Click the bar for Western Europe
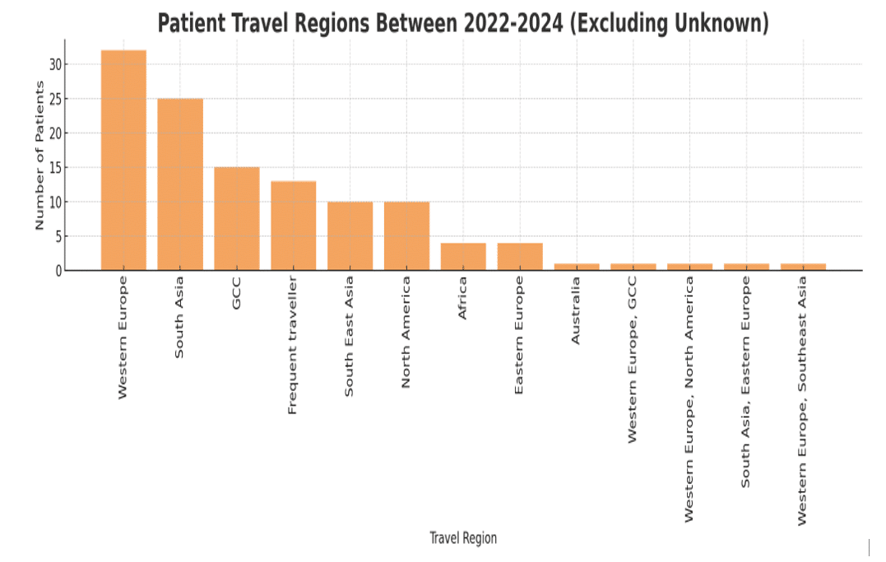click(123, 160)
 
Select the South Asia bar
click(180, 184)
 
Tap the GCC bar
click(237, 219)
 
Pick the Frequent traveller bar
click(294, 225)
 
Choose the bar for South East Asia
click(350, 236)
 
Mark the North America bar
click(406, 236)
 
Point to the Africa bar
click(463, 257)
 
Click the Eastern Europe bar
click(520, 257)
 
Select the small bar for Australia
click(577, 267)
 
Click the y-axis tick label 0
click(58, 271)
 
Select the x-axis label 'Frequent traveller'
click(293, 346)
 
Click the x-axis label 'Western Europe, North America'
click(689, 399)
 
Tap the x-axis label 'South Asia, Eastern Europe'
click(746, 382)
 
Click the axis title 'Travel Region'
click(463, 538)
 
